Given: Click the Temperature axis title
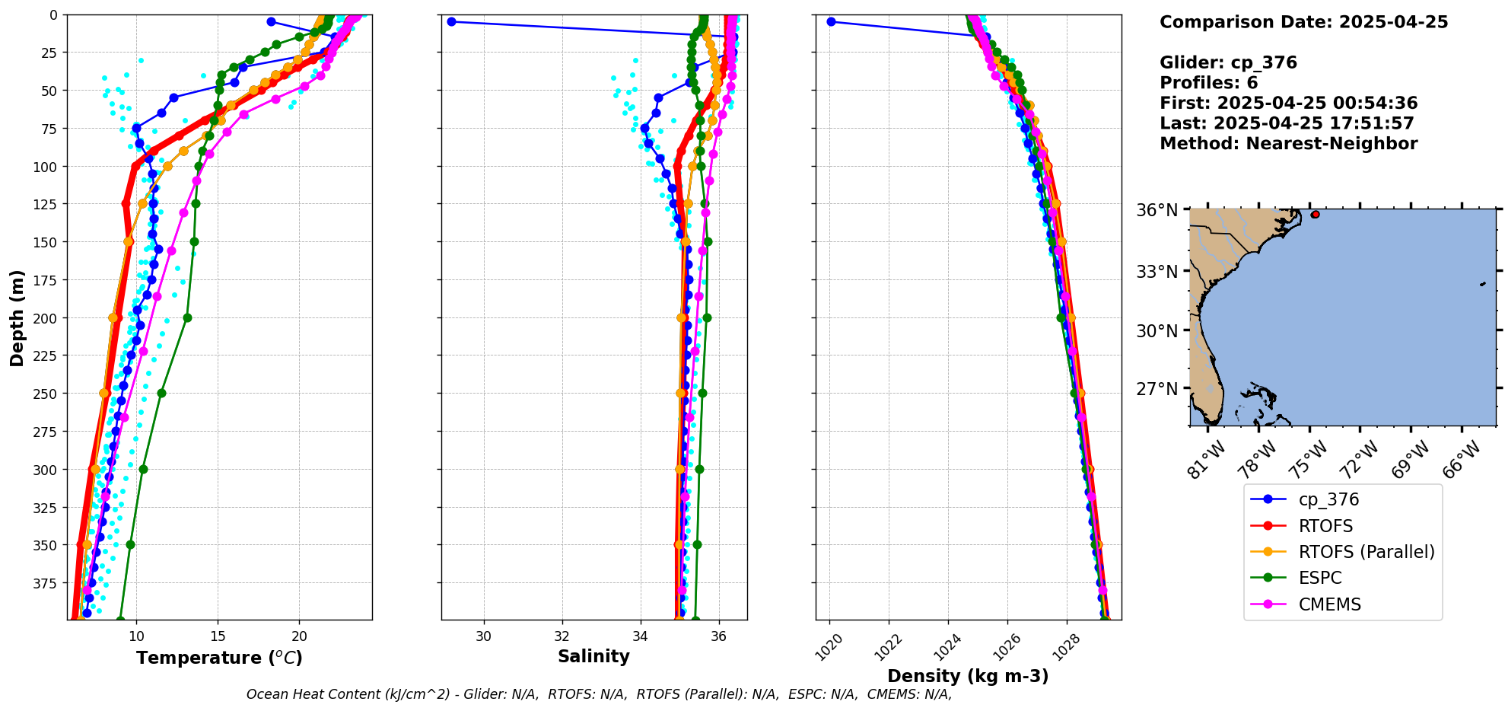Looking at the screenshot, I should point(219,658).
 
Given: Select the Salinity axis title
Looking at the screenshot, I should point(593,657).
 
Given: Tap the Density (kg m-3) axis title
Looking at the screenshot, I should point(968,676).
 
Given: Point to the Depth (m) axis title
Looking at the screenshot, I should point(17,317).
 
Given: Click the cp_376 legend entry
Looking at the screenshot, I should point(1328,500).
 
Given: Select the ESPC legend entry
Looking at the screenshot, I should point(1319,578).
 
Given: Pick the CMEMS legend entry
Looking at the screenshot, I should point(1329,604).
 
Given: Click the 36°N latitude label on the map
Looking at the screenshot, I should point(1157,211).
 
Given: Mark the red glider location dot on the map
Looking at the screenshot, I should point(1316,215).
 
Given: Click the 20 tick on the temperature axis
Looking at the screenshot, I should point(299,636).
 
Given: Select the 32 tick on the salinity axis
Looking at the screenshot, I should point(562,636).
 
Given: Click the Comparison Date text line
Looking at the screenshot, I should point(1303,22).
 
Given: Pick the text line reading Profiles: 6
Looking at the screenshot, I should point(1208,83).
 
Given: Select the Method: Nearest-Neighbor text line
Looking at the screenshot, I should point(1288,144).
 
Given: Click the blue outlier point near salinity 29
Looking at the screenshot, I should point(451,21).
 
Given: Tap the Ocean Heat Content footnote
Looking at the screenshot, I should point(599,694).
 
